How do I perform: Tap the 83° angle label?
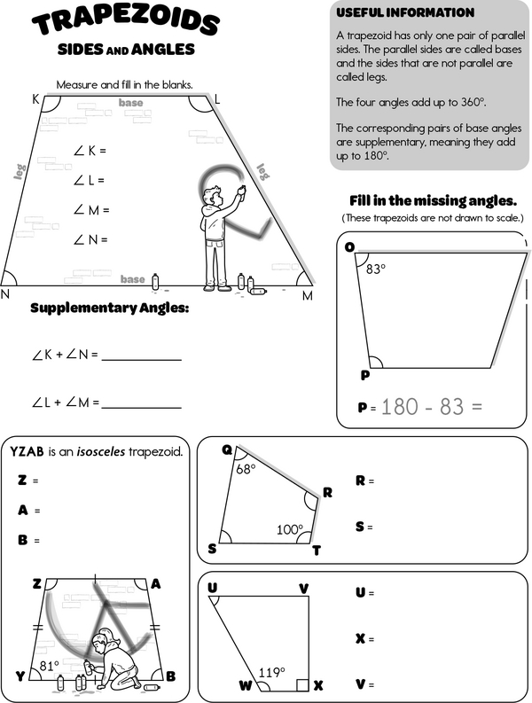376,269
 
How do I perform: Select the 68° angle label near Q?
246,468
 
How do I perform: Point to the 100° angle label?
289,529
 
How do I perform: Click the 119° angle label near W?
270,671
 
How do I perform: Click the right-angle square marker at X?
303,684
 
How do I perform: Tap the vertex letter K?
36,99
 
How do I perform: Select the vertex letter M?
308,296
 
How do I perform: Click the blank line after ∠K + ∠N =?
142,358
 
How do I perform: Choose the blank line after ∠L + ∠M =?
142,406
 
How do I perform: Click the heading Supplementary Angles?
109,309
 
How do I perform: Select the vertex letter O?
349,247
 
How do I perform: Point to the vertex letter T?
317,551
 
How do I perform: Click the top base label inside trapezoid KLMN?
131,104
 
